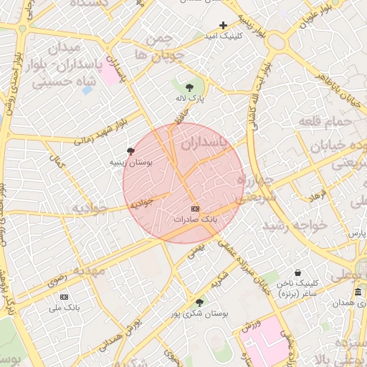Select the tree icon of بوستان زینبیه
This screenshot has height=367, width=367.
[x=130, y=151]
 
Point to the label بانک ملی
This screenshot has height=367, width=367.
[x=63, y=308]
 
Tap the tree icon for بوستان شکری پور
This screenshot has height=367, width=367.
[x=199, y=302]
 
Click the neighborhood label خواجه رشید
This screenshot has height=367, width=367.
[x=294, y=224]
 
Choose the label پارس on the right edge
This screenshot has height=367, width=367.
[x=356, y=234]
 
